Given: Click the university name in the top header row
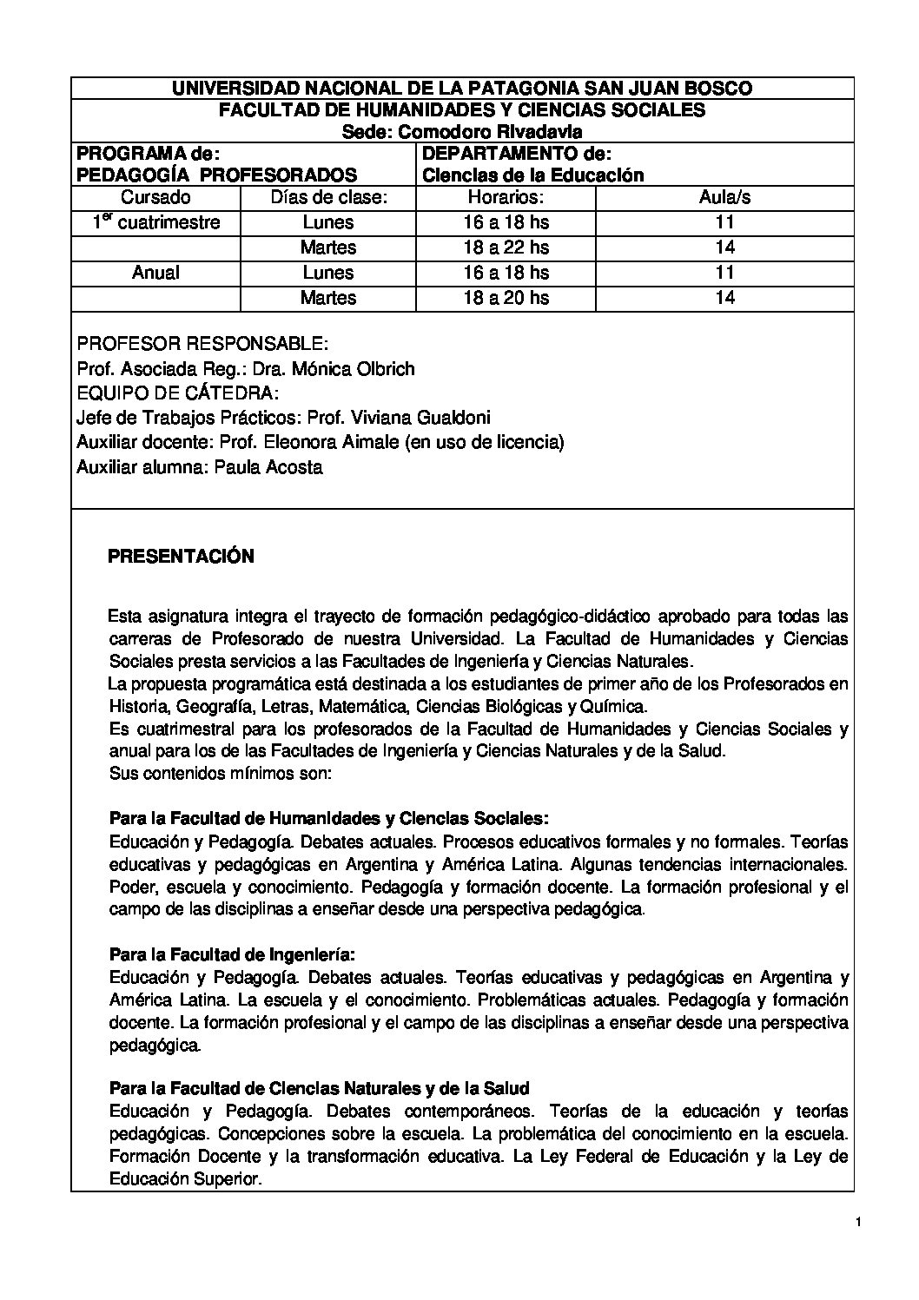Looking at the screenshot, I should point(461,88).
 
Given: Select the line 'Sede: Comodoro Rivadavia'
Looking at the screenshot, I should point(461,131).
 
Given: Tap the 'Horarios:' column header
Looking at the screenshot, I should point(506,197).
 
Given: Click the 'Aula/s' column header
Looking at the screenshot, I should point(724,197).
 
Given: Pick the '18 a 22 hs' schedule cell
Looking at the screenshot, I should point(506,247).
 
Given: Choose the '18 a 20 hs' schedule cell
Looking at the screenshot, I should point(506,298).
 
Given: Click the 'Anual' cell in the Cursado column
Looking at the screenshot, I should point(155,273).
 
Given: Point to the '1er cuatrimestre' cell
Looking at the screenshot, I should point(156,222).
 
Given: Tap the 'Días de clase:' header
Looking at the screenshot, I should point(328,197).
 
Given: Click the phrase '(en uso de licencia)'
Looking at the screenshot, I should point(484,442).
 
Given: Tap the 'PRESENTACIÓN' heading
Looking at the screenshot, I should point(181,557).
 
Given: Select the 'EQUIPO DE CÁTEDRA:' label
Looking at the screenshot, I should point(178,393).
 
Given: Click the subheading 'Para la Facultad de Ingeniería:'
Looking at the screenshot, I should point(233,955).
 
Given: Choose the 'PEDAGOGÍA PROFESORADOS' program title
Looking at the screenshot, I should point(217,175).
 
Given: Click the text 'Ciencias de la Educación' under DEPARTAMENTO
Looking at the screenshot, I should point(532,175).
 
